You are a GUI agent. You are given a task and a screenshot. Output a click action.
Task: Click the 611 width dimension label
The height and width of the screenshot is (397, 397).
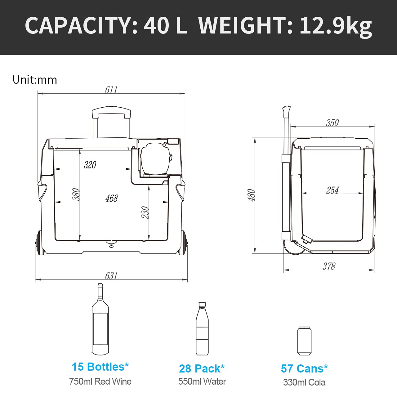tap(111, 90)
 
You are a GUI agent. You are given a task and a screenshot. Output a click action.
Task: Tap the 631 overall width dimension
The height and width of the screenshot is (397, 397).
tap(111, 275)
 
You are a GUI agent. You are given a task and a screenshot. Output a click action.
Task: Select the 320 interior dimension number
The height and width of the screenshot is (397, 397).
tap(90, 165)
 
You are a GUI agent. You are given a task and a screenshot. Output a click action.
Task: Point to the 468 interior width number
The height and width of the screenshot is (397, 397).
tap(112, 198)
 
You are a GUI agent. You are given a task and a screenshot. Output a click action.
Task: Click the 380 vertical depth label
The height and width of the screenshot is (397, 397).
tap(76, 194)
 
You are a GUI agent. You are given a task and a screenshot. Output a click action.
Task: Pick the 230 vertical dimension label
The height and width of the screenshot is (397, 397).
tap(145, 212)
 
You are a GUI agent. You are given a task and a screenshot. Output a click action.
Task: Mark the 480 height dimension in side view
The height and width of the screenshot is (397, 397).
tap(251, 195)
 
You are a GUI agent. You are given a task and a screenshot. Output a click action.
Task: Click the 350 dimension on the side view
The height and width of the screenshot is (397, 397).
tap(332, 123)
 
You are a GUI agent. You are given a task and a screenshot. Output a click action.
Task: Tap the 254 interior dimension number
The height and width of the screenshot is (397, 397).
tap(332, 190)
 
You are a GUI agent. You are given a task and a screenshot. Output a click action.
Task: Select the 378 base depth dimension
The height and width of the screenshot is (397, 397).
tap(329, 266)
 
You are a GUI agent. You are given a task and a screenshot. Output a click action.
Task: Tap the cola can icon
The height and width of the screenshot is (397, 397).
tap(304, 341)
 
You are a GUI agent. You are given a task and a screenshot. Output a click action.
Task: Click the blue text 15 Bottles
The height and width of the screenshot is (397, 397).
tap(100, 367)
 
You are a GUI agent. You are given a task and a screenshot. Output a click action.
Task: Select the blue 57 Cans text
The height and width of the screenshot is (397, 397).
tap(304, 368)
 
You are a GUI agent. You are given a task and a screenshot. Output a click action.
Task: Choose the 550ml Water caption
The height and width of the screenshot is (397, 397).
tap(202, 381)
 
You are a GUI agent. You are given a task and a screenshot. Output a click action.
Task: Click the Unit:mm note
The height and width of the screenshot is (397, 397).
tap(35, 80)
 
